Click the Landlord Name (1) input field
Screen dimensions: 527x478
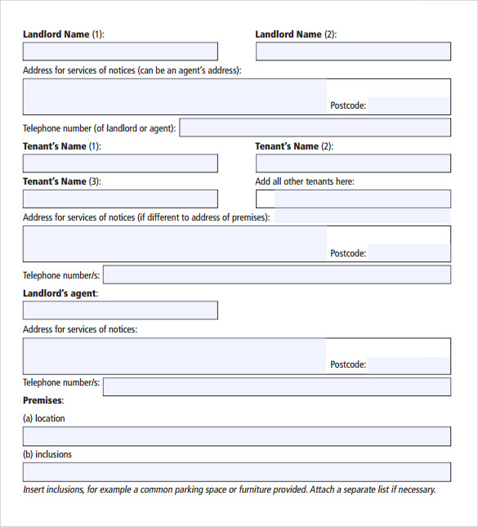click(120, 51)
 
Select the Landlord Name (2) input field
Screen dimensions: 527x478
click(353, 51)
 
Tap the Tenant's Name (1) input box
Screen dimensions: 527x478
click(120, 163)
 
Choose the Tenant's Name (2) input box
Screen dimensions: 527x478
click(353, 163)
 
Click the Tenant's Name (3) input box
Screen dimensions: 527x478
click(120, 199)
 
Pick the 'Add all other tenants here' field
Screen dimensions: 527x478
click(353, 199)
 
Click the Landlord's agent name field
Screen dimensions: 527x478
click(120, 310)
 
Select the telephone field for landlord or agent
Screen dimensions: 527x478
click(315, 127)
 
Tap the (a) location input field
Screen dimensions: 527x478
click(236, 436)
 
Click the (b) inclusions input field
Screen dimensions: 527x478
click(236, 472)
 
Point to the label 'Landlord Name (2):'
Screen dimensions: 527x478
click(296, 34)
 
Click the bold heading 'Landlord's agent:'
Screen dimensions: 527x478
click(60, 293)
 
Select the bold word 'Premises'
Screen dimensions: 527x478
click(42, 400)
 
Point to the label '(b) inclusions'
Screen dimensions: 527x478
click(47, 454)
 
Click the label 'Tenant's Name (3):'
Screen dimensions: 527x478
click(62, 181)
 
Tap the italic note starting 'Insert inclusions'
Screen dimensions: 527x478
click(230, 490)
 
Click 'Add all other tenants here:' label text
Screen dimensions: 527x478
click(305, 181)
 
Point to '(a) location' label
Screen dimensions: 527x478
click(44, 418)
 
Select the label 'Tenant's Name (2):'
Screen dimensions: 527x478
click(294, 146)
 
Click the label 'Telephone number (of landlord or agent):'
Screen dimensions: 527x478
click(100, 128)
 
